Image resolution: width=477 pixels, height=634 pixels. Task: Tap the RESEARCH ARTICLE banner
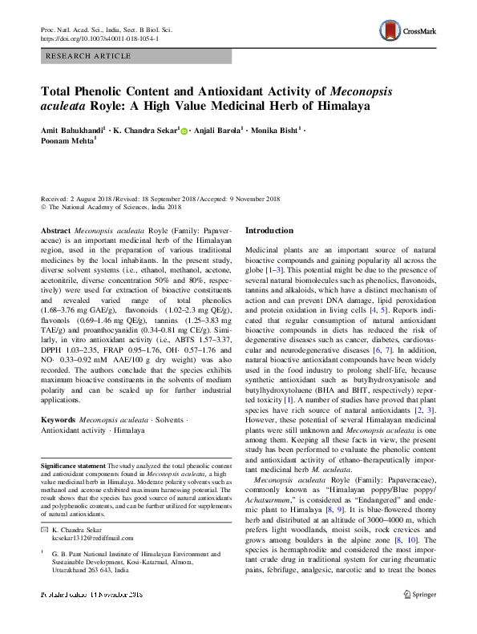click(x=89, y=56)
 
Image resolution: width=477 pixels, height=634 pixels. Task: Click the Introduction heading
click(x=269, y=230)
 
